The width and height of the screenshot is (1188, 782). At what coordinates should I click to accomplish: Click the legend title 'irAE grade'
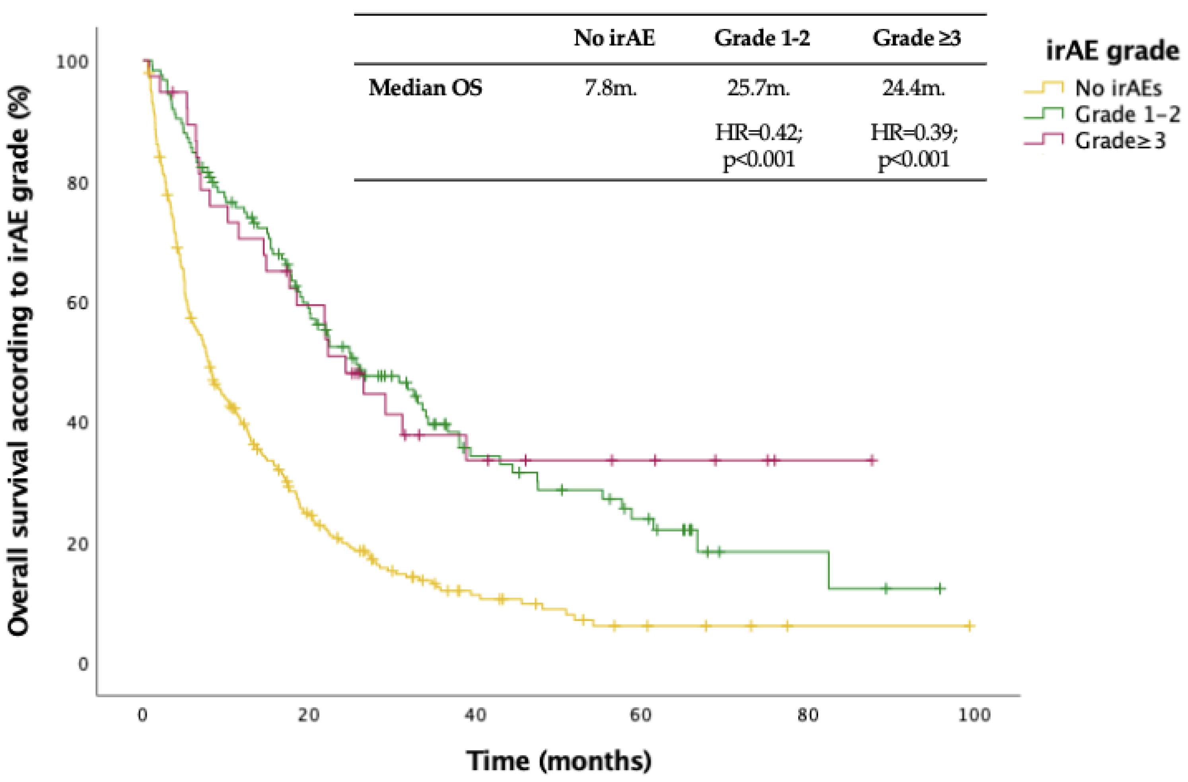pos(1112,51)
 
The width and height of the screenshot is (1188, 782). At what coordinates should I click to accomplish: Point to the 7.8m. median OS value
pos(611,88)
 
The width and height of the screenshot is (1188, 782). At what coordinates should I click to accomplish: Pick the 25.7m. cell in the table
pos(758,88)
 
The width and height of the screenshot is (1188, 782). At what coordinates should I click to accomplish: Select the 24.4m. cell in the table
pos(914,88)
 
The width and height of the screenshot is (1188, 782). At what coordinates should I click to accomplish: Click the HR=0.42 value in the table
pos(759,133)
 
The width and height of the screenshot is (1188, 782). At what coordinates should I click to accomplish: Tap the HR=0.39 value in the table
pos(914,133)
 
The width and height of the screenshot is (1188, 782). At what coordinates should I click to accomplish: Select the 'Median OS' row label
pos(425,88)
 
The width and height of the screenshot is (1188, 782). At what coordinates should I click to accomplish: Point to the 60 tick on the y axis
pos(78,302)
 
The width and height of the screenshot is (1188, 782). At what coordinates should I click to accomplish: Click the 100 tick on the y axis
pos(72,62)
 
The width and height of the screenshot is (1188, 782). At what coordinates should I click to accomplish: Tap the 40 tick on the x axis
pos(475,715)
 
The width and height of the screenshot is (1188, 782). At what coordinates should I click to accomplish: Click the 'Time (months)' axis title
pos(559,761)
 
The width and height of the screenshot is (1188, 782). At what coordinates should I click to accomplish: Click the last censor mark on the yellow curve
pos(969,626)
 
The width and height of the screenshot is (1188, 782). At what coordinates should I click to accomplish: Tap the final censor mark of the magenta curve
pos(871,460)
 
